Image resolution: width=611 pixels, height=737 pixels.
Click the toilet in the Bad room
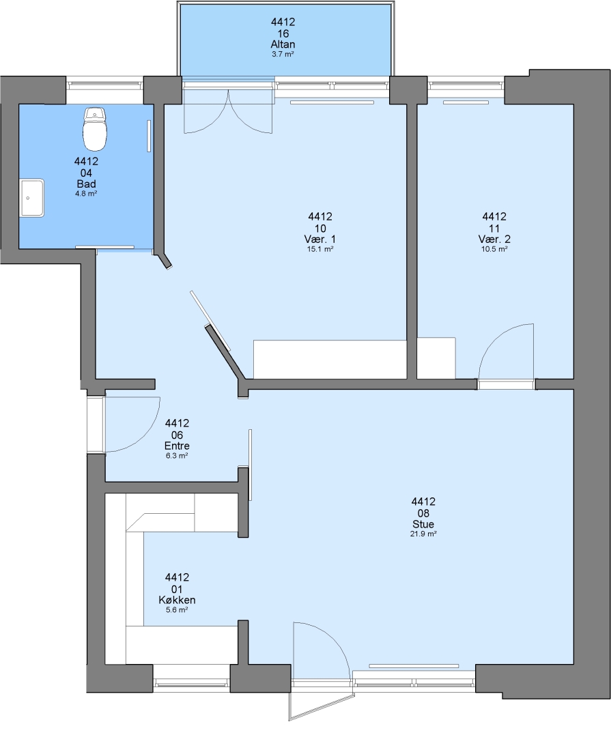[x=94, y=129]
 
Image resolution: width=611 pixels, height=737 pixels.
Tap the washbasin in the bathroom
[x=32, y=198]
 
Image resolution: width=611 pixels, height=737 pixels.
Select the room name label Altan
[x=283, y=44]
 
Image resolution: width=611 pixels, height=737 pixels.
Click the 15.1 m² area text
[x=320, y=249]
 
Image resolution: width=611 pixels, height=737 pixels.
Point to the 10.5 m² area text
[x=494, y=249]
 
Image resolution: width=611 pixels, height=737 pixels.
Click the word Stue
[x=423, y=524]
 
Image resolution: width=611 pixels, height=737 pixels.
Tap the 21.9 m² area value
[x=423, y=534]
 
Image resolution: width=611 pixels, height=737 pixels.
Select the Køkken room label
[x=177, y=601]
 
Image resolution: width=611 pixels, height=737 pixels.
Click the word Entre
[x=177, y=446]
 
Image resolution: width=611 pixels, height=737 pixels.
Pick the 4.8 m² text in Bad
[x=86, y=194]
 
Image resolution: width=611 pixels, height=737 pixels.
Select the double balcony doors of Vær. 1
[x=228, y=111]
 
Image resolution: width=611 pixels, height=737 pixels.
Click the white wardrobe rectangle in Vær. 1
[x=330, y=359]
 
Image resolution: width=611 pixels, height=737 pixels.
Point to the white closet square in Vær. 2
[x=436, y=358]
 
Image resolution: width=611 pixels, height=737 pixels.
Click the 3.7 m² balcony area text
[x=283, y=55]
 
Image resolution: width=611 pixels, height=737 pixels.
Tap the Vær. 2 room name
[x=494, y=240]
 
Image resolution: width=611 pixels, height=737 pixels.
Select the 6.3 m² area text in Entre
[x=177, y=456]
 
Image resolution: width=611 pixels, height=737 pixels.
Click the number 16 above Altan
[x=283, y=33]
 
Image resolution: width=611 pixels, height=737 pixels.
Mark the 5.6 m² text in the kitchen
[x=177, y=610]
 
